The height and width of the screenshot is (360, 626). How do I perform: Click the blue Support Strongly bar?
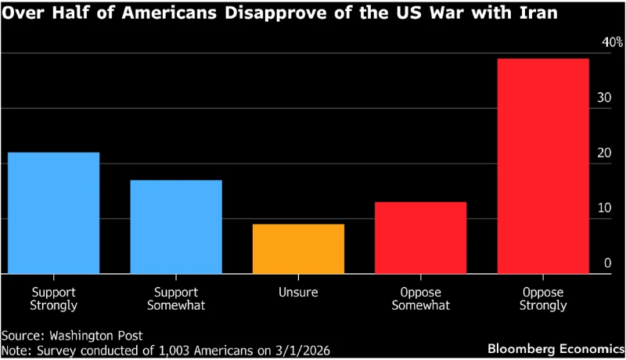[x=53, y=213]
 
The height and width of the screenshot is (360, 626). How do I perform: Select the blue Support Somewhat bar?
[x=176, y=227]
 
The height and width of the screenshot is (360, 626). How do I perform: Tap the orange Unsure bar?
[x=298, y=249]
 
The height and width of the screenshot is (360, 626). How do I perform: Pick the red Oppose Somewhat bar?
[x=420, y=238]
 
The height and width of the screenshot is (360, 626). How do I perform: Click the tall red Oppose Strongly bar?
[x=543, y=166]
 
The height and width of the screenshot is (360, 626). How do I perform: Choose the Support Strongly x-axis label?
[x=53, y=297]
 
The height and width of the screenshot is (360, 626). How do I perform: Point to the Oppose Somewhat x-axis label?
[x=420, y=297]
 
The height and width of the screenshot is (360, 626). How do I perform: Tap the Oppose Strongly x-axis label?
[x=543, y=297]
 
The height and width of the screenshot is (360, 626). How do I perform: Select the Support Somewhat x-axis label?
[x=176, y=297]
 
